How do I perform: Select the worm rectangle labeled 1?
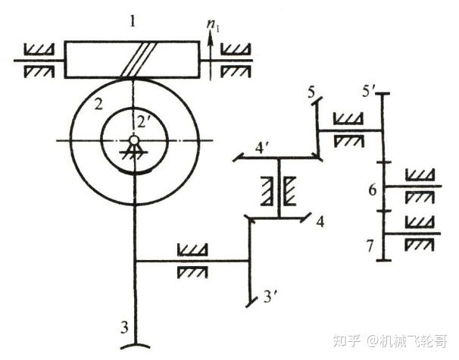click(133, 58)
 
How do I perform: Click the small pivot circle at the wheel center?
click(133, 140)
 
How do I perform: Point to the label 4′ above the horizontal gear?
click(261, 148)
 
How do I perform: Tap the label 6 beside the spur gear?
click(372, 189)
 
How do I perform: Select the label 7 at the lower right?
click(372, 246)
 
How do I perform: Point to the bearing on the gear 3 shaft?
click(189, 259)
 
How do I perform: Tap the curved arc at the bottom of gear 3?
click(134, 346)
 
